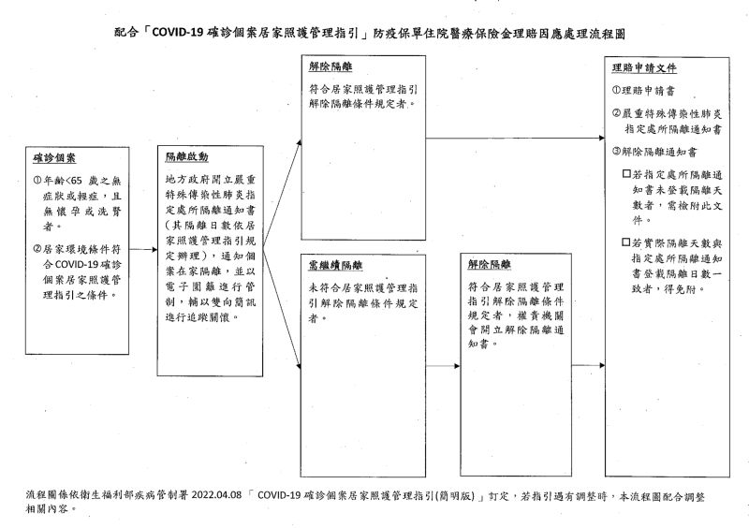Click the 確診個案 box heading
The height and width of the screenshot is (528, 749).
click(54, 158)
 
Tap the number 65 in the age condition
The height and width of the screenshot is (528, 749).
click(77, 181)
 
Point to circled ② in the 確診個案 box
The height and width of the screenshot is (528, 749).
click(37, 249)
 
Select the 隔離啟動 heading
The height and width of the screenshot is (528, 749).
click(186, 156)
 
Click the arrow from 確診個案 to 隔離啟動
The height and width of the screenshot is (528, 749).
click(143, 249)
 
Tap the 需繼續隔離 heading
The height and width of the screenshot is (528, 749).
click(335, 265)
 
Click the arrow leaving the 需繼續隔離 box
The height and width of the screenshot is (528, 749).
click(443, 366)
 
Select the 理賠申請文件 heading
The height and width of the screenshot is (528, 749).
click(644, 67)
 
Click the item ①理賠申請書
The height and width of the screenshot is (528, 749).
click(643, 90)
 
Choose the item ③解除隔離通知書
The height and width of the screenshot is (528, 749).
click(654, 152)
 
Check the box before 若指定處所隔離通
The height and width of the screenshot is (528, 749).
click(626, 174)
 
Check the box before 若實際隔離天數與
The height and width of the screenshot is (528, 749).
click(626, 242)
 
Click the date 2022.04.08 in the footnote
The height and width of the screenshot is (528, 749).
click(216, 495)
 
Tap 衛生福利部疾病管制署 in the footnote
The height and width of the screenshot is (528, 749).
click(134, 495)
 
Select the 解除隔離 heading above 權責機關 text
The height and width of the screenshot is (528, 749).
click(489, 264)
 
